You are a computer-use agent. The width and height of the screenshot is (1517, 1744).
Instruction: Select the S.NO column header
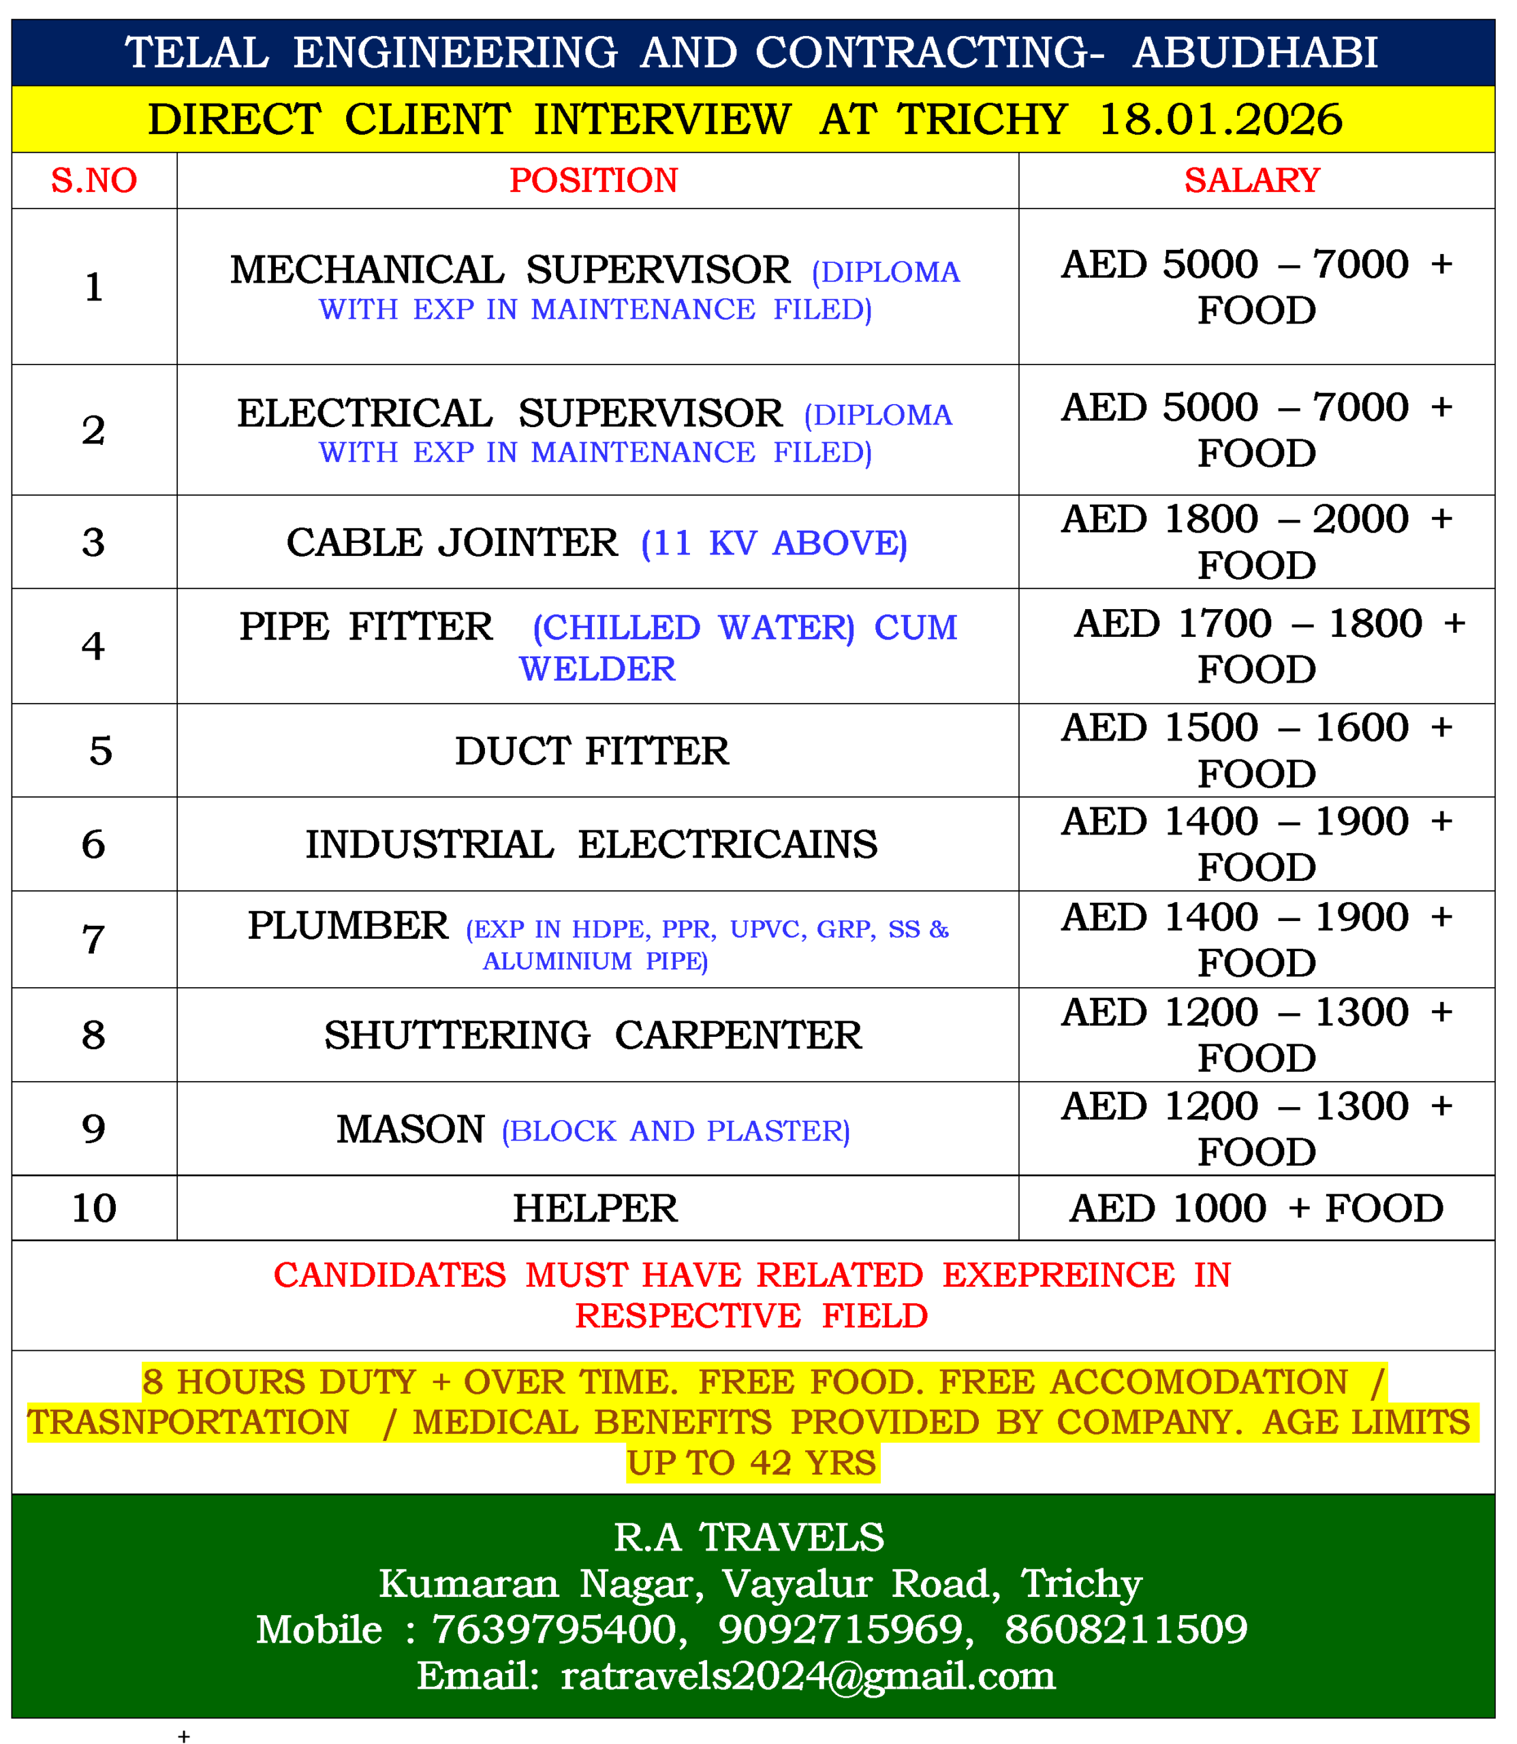94,181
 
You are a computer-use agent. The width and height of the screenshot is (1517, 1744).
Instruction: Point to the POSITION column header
593,181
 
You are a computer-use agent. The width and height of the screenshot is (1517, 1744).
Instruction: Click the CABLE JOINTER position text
452,543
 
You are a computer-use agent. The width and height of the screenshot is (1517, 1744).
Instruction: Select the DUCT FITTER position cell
592,751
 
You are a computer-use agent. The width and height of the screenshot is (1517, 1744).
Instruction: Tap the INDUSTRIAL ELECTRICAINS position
592,844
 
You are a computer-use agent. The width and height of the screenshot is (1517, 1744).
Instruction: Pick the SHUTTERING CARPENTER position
593,1035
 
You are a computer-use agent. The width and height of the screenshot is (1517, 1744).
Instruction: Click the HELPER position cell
595,1208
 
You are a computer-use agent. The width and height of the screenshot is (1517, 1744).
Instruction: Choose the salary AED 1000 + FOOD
1255,1208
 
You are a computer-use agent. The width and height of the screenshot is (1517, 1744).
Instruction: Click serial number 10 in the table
94,1208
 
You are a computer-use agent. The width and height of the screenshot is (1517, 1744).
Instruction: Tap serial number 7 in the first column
94,939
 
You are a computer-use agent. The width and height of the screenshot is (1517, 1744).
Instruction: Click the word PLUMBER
348,925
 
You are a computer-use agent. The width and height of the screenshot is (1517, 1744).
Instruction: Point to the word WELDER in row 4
597,670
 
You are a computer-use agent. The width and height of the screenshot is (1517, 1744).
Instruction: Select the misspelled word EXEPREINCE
1058,1275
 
